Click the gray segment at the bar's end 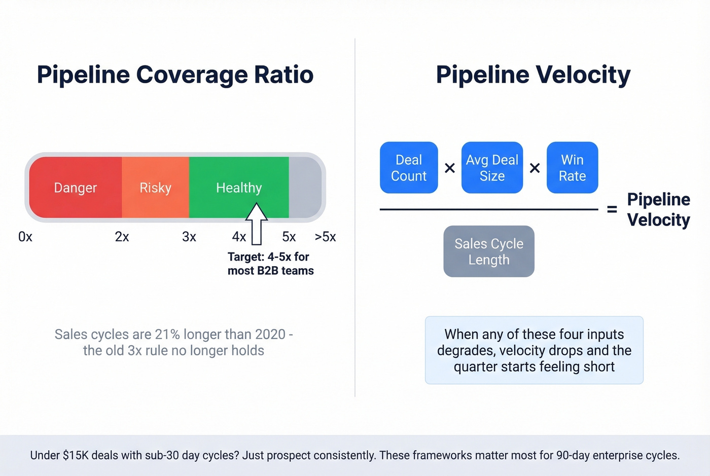304,188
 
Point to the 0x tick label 25,237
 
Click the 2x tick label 122,237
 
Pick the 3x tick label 189,237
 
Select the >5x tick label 325,237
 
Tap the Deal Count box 409,168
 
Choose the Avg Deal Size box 492,168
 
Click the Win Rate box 572,168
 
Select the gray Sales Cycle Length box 489,251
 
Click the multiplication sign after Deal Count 449,168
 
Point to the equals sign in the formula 612,209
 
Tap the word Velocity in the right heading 583,75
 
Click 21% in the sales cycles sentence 167,335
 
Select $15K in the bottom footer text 76,455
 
